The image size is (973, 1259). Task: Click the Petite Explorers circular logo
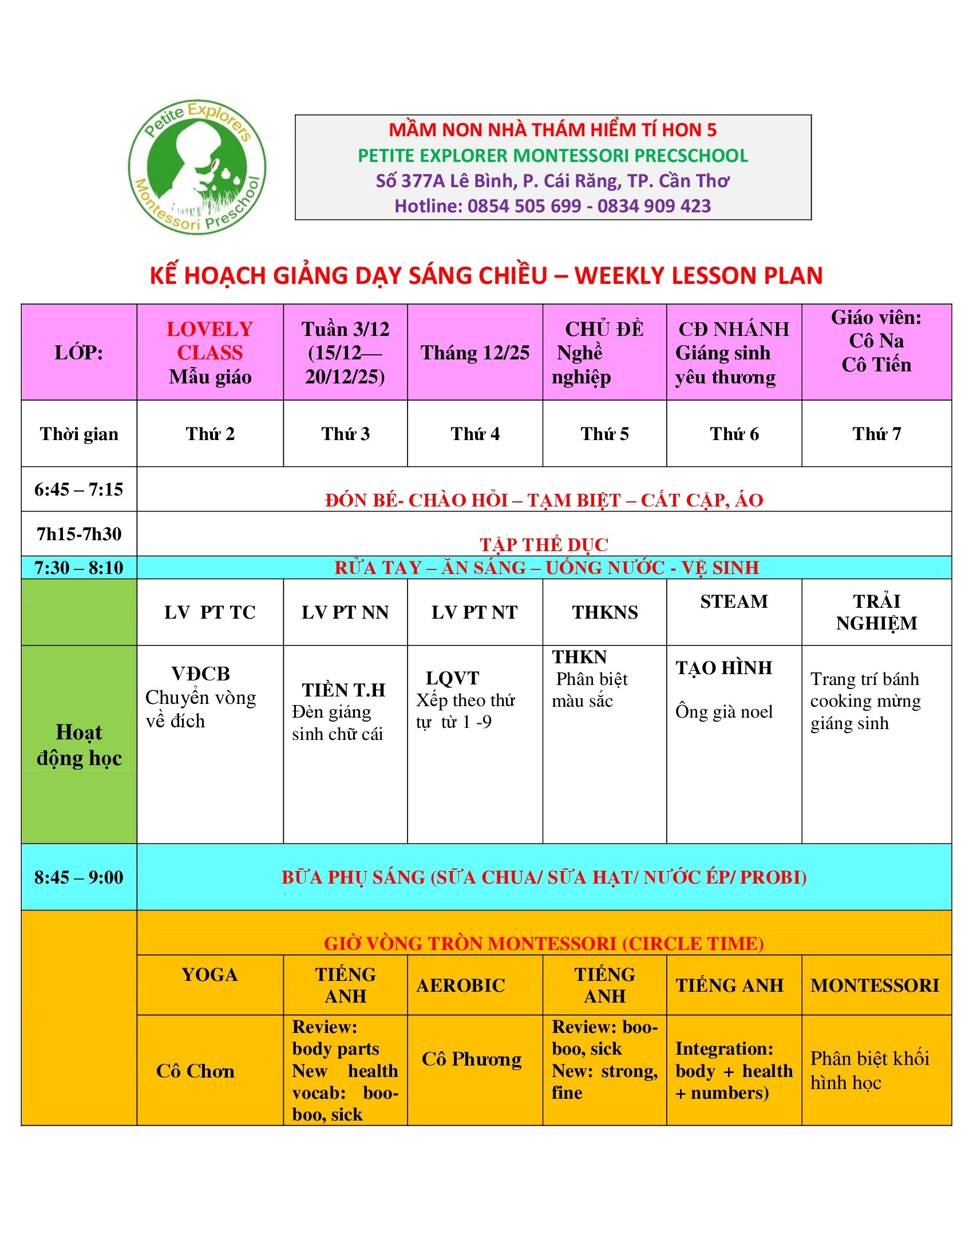(196, 167)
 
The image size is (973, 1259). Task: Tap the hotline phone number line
(552, 206)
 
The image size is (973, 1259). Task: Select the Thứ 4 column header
(474, 434)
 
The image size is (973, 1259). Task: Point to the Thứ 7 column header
(876, 434)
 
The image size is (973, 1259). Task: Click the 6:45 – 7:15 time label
(79, 489)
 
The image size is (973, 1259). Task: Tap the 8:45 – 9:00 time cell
(79, 877)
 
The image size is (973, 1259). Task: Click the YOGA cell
(210, 974)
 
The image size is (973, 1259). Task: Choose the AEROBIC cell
(461, 985)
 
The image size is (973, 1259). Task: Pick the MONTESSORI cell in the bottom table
(875, 985)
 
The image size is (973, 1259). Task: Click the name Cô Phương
(472, 1059)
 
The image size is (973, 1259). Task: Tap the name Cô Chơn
(195, 1071)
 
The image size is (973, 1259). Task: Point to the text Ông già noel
(724, 712)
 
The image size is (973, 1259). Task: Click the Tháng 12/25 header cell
(474, 353)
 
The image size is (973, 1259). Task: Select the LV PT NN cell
(345, 612)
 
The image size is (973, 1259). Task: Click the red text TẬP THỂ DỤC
(544, 544)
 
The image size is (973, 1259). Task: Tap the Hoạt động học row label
(79, 745)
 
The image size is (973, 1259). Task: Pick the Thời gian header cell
(79, 434)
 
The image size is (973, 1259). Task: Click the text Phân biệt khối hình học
(869, 1071)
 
